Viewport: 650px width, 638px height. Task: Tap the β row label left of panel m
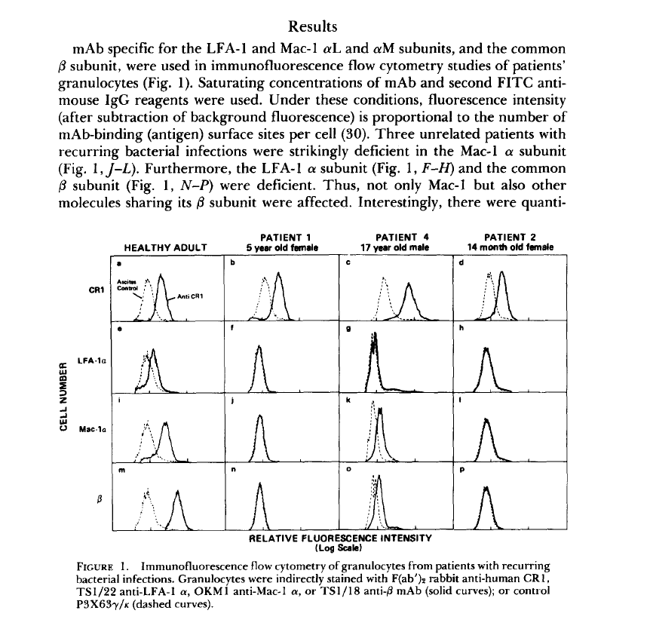pyautogui.click(x=97, y=498)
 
